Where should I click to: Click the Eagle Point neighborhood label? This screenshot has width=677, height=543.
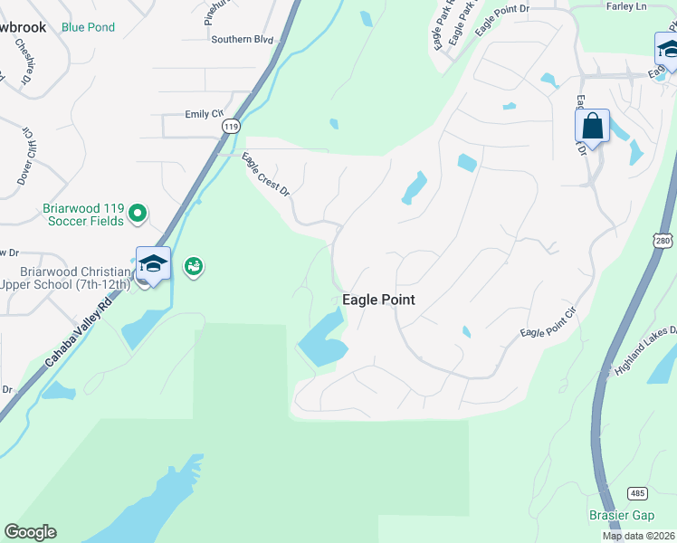[378, 300]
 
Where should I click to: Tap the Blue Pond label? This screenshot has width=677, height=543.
[88, 27]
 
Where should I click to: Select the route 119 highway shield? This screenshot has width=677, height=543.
[230, 128]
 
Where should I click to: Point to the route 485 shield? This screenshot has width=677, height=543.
[636, 493]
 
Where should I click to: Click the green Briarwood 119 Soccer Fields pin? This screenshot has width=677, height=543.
[138, 214]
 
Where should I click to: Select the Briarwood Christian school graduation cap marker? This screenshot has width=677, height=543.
[153, 263]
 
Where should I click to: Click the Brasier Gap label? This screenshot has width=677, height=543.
[621, 515]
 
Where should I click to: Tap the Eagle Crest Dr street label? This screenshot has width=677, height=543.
[265, 176]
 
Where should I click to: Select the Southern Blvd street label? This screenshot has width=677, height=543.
[242, 40]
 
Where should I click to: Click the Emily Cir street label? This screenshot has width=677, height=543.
[204, 114]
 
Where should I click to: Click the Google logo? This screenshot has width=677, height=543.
[30, 532]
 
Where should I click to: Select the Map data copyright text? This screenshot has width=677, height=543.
[639, 536]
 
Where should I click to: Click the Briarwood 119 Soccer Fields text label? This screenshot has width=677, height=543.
[83, 214]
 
